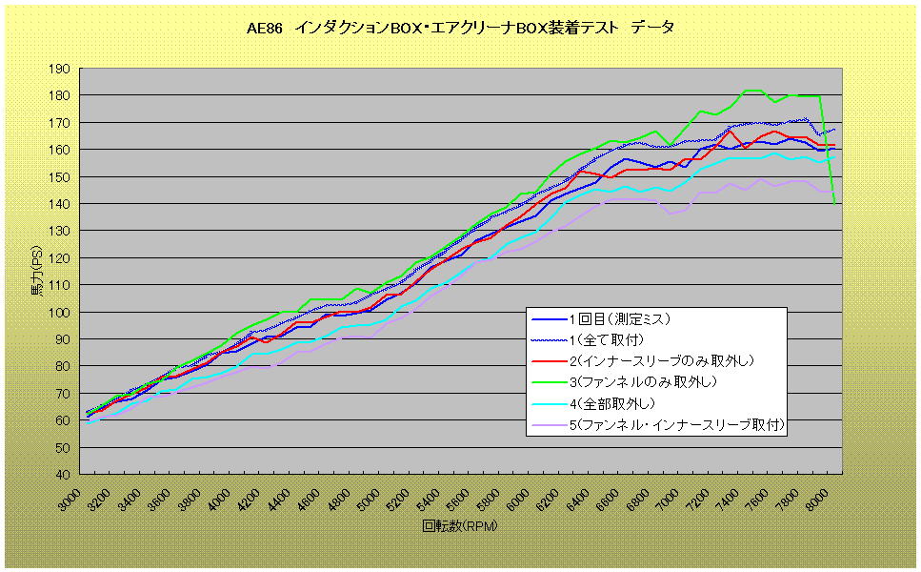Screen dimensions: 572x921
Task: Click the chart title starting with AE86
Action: click(460, 28)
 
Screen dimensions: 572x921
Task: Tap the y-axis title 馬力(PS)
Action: click(35, 273)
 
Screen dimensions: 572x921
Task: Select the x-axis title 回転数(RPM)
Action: click(460, 525)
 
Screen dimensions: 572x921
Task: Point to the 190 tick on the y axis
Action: click(60, 69)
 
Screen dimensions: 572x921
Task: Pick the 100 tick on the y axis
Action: click(60, 312)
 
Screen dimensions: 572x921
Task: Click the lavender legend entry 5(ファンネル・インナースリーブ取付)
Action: click(677, 425)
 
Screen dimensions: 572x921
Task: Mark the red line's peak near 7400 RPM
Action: click(730, 130)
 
